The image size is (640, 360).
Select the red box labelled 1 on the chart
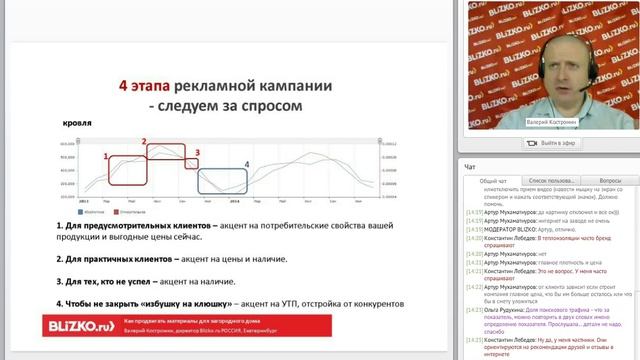click(x=123, y=170)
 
